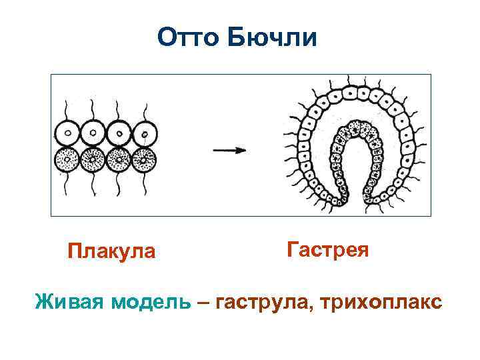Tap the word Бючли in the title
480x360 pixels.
coord(272,38)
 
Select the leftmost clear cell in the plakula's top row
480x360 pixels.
coord(67,133)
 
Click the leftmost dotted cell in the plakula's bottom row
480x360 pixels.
coord(67,159)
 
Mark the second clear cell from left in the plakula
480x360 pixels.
coord(93,133)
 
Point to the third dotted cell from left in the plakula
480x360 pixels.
coord(119,159)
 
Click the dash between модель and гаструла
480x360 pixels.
coord(203,301)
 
